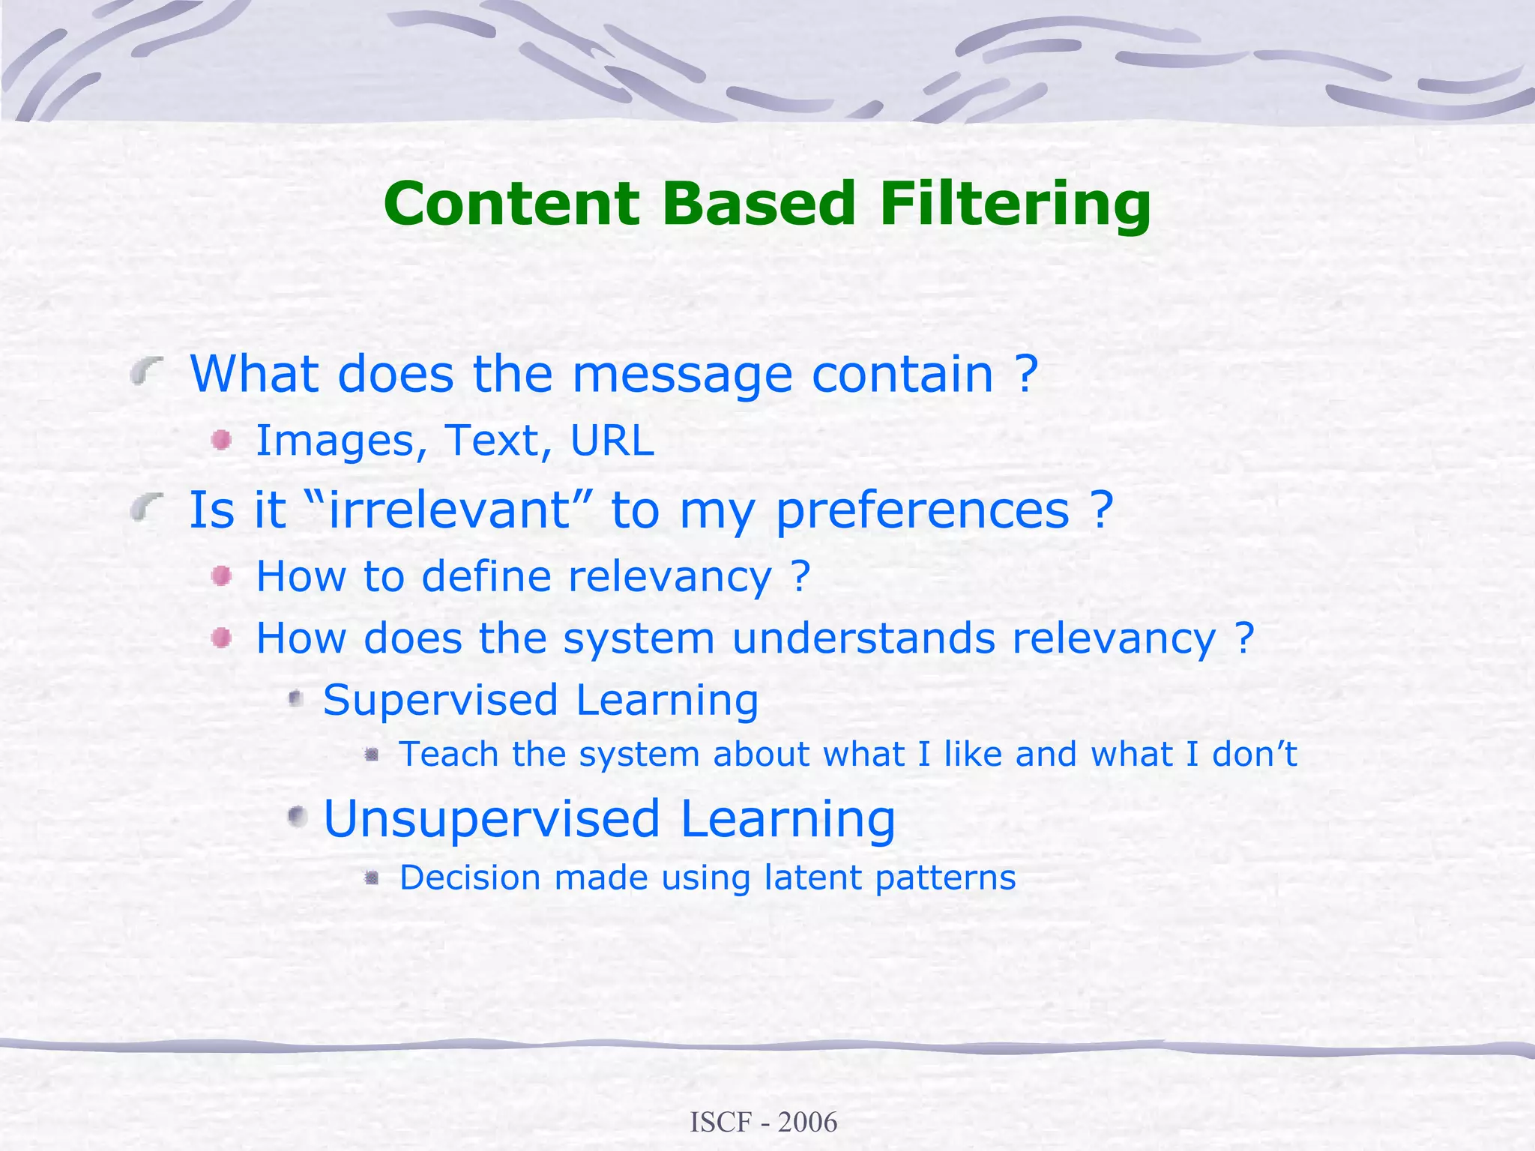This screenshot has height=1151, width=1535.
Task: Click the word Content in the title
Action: tap(512, 204)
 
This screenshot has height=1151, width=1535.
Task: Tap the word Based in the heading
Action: tap(759, 204)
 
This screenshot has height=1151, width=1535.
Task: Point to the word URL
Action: tap(612, 441)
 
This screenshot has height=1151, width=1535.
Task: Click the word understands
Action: tap(863, 638)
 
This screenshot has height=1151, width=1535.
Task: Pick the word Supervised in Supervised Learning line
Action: tap(441, 701)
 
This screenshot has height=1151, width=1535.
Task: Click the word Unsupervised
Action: tap(492, 819)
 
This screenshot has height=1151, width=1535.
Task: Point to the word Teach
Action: tap(448, 754)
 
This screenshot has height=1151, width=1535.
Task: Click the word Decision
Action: tap(470, 877)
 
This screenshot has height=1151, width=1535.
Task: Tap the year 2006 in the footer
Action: tap(807, 1122)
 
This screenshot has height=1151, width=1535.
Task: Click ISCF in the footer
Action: tap(720, 1122)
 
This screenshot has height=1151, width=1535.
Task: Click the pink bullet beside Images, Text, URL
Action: tap(221, 440)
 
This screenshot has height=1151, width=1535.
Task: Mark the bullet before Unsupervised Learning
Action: tap(298, 816)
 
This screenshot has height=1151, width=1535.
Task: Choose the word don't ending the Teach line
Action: tap(1254, 754)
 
